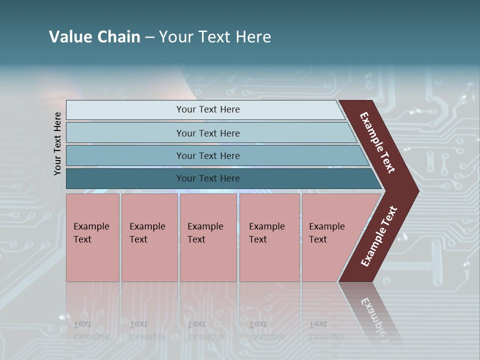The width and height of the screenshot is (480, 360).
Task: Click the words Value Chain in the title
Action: pyautogui.click(x=94, y=37)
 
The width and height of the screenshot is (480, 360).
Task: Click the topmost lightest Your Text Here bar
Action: pyautogui.click(x=207, y=109)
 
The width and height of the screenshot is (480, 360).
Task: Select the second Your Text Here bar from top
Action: pyautogui.click(x=207, y=133)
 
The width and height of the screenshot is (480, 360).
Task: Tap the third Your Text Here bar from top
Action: pyautogui.click(x=207, y=155)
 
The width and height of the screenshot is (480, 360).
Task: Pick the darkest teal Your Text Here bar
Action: pyautogui.click(x=207, y=178)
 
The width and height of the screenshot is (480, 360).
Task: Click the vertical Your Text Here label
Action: pyautogui.click(x=57, y=143)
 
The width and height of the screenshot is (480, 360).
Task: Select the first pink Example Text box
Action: pyautogui.click(x=92, y=237)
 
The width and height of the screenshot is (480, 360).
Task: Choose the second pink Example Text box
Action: pyautogui.click(x=149, y=237)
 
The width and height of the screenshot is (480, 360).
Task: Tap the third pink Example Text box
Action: pyautogui.click(x=208, y=237)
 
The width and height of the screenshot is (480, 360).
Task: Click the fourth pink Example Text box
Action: pyautogui.click(x=269, y=237)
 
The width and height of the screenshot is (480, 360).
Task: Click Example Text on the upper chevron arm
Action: pyautogui.click(x=377, y=142)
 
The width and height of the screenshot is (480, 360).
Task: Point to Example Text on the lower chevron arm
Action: pyautogui.click(x=379, y=236)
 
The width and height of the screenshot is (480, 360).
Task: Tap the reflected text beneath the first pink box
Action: pyautogui.click(x=90, y=330)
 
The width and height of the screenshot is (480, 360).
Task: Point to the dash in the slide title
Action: pyautogui.click(x=149, y=37)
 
